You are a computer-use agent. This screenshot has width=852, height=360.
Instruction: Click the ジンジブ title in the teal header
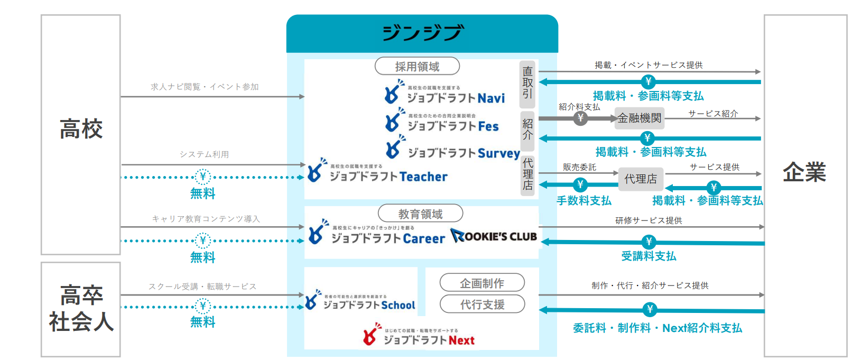coord(422,33)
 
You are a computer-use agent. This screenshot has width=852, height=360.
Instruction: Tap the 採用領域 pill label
coord(417,67)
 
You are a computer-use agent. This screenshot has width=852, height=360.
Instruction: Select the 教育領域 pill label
coord(420,214)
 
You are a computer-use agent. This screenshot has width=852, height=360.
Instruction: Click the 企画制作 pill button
coord(482,283)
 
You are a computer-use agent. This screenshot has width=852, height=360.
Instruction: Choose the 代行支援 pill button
coord(482,304)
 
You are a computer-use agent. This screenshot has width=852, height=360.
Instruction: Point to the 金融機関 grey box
coord(640,118)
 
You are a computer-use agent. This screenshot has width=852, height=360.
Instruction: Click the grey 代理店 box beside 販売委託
coord(641,179)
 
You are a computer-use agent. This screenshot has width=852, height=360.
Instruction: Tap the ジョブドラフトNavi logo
coord(444,94)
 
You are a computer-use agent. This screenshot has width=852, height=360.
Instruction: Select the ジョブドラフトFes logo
coord(442,122)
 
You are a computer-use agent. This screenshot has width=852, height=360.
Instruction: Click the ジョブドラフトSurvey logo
coord(452,149)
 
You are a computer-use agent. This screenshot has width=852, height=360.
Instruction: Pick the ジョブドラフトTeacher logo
coord(377,172)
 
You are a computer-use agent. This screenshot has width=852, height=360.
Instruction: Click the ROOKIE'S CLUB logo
coord(494,236)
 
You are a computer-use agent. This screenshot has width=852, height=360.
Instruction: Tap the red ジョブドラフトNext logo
coord(419,336)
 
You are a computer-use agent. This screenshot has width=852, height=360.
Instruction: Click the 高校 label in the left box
coord(81,129)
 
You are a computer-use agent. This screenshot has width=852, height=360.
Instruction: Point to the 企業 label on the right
coord(804,172)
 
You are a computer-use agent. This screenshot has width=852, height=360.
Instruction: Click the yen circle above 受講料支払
coord(649,242)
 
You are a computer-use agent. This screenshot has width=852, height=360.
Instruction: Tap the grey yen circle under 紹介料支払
coord(580,118)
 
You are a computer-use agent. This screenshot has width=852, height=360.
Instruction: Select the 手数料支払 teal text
coord(584,201)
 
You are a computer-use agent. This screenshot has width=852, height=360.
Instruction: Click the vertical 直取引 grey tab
coord(527,82)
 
